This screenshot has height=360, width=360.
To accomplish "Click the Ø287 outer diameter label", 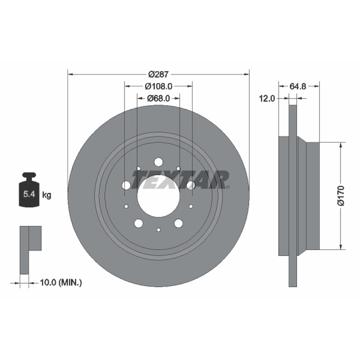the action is [158, 74].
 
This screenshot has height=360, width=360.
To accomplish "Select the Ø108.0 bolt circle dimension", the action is [158, 86].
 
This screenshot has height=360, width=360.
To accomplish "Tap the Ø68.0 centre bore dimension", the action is [158, 99].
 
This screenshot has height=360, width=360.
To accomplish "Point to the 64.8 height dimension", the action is [298, 86].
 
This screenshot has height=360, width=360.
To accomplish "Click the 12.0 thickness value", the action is [267, 99].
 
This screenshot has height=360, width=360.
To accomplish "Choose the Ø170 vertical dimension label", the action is [341, 196].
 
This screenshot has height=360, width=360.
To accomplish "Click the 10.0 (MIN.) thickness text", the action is [61, 283].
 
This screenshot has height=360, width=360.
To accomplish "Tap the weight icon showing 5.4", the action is [29, 189].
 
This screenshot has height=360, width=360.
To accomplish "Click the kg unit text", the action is [47, 195].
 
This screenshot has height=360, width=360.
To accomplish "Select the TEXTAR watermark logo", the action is [181, 180].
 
